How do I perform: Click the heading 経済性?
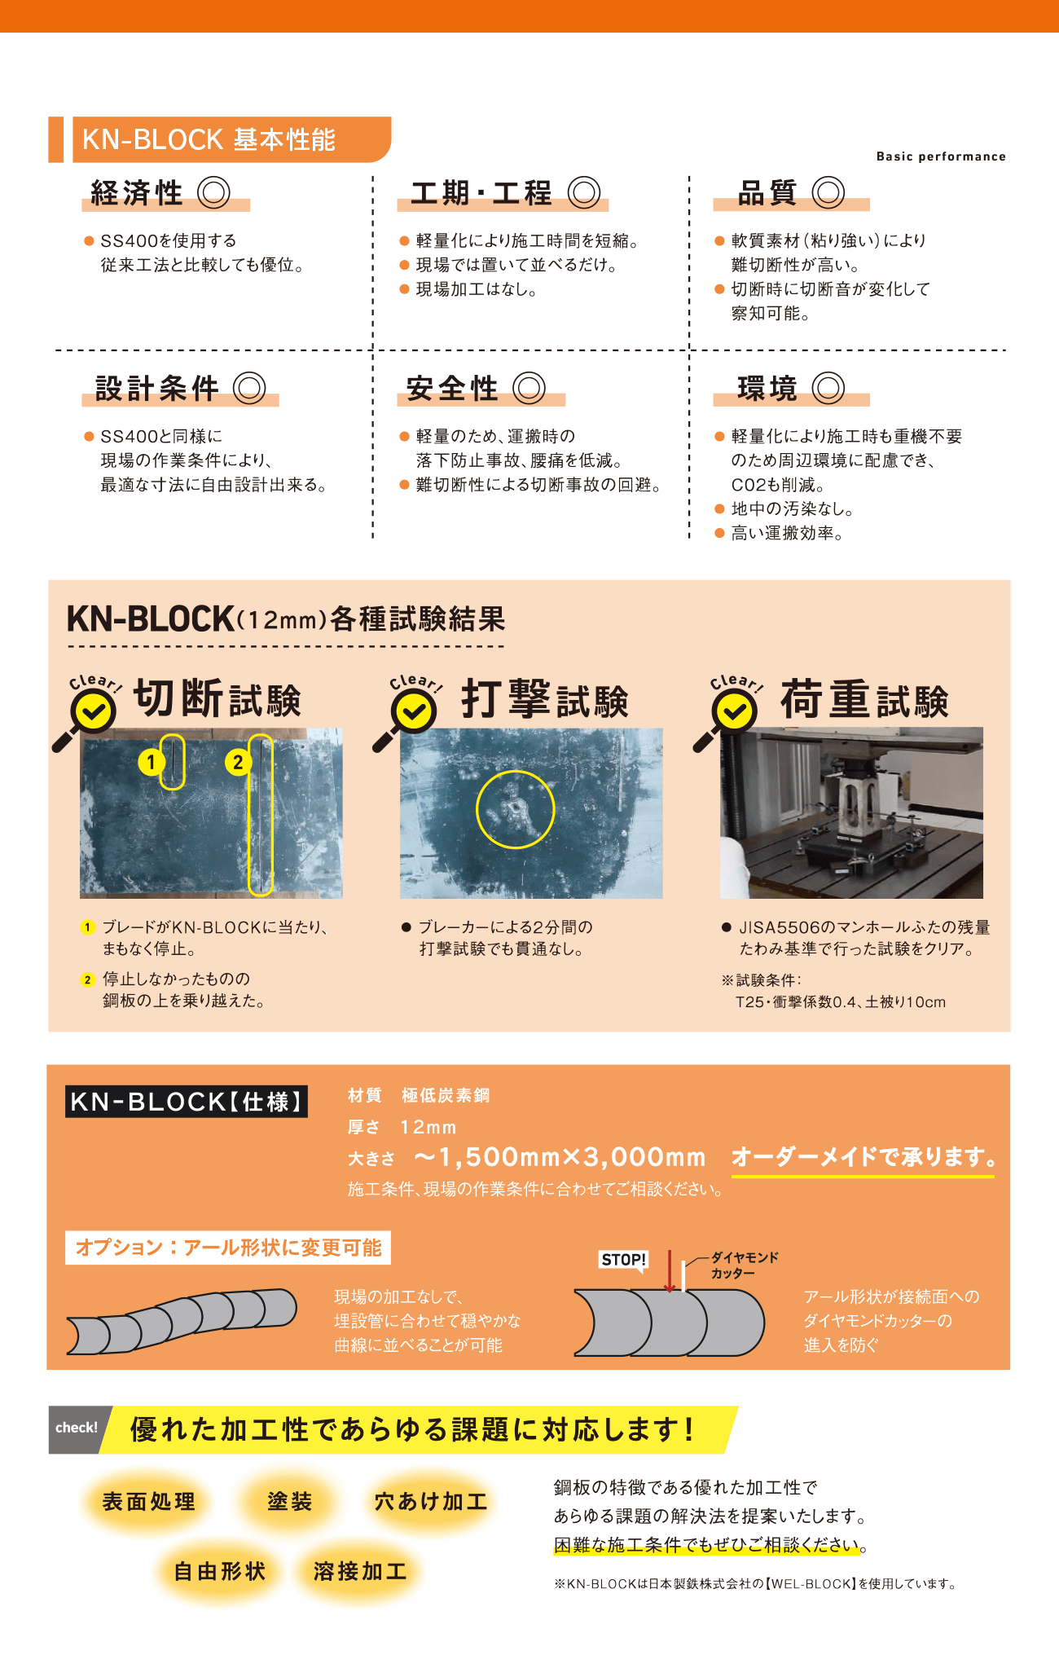[x=137, y=193]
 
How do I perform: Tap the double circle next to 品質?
[x=828, y=193]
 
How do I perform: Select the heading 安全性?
[x=452, y=389]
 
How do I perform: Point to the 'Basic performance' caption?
[x=941, y=156]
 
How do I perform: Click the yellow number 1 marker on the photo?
[x=151, y=763]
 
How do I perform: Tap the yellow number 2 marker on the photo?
[x=237, y=763]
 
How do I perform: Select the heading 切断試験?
[x=218, y=699]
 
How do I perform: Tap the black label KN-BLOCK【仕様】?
[x=187, y=1102]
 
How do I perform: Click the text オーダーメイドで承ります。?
[x=863, y=1157]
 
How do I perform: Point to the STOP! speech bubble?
[x=624, y=1261]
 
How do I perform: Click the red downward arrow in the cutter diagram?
[x=670, y=1271]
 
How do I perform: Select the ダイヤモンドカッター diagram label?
[x=745, y=1265]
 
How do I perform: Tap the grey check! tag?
[x=77, y=1428]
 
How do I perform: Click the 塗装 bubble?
[x=290, y=1501]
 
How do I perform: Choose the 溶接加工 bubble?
[x=360, y=1571]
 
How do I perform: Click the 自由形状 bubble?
[x=220, y=1571]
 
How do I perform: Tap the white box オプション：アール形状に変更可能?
[x=228, y=1248]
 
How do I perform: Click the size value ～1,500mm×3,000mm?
[x=560, y=1157]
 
